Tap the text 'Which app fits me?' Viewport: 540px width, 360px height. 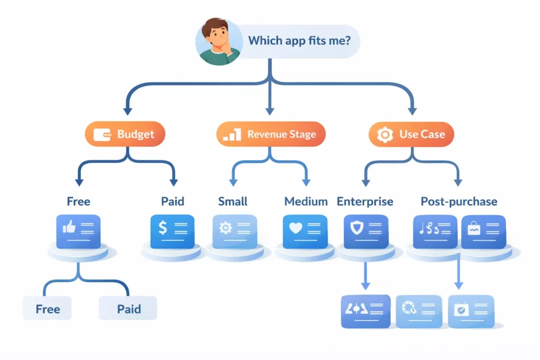click(x=299, y=40)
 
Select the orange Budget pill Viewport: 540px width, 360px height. click(x=125, y=134)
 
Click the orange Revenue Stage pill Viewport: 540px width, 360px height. click(x=271, y=134)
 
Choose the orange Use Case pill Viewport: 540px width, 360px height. click(x=411, y=134)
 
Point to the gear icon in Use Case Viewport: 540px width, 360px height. click(x=385, y=135)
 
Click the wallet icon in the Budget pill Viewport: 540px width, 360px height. click(x=102, y=135)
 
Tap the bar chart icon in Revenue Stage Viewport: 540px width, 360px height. click(x=232, y=135)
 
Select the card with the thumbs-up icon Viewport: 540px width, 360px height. click(x=78, y=231)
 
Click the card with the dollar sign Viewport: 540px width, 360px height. click(x=172, y=231)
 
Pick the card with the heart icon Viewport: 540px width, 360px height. click(x=305, y=231)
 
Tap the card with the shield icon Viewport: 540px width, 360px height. click(x=366, y=231)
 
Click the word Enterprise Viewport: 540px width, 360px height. click(x=365, y=201)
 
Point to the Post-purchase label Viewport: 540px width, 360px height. click(x=459, y=201)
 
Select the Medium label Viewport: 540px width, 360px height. click(x=306, y=201)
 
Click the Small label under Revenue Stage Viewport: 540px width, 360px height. click(x=233, y=201)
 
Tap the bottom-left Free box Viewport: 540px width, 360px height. click(x=47, y=308)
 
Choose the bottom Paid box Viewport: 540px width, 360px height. click(x=128, y=308)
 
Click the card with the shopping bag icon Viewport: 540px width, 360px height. click(x=483, y=231)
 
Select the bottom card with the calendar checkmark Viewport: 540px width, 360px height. click(x=471, y=311)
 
